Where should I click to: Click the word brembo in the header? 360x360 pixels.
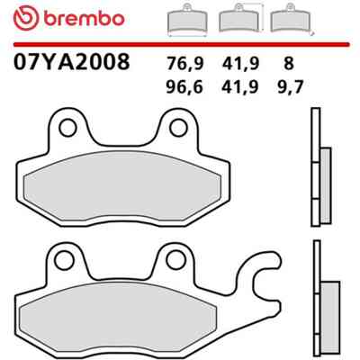(84, 18)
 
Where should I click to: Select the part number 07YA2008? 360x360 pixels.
(71, 61)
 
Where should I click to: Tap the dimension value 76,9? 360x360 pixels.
(185, 64)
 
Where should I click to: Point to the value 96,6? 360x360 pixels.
(184, 87)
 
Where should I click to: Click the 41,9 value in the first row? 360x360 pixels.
(240, 64)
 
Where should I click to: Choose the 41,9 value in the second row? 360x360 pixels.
(240, 87)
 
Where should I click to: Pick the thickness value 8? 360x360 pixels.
(289, 63)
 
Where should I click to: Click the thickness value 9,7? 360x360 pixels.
(290, 87)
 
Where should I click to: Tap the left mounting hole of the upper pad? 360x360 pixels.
(67, 128)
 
